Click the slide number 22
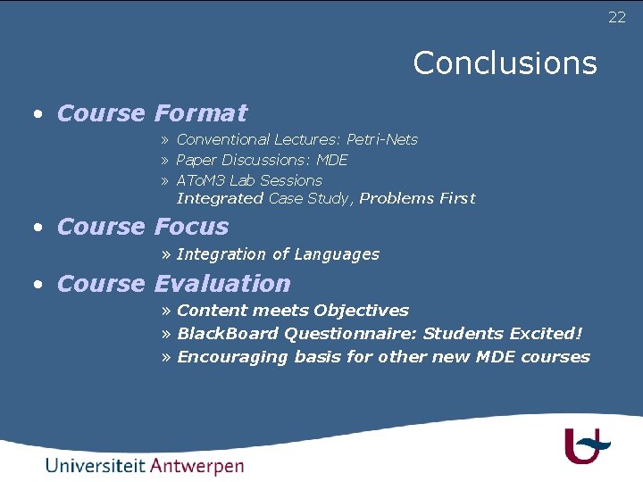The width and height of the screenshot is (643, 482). [617, 18]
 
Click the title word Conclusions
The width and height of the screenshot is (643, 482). [505, 63]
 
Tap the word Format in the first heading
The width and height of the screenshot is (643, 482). [200, 113]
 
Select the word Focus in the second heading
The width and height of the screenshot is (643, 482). [191, 227]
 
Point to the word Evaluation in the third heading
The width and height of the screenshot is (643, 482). [222, 284]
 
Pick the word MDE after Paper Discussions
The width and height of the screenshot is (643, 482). [332, 160]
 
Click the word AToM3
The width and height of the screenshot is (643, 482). [201, 180]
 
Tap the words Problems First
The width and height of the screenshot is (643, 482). [417, 198]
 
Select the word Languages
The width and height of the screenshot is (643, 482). [337, 254]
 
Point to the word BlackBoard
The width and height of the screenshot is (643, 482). [227, 334]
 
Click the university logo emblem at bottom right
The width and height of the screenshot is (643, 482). [586, 445]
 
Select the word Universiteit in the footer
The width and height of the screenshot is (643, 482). [95, 466]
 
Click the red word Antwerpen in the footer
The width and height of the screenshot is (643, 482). [196, 466]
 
